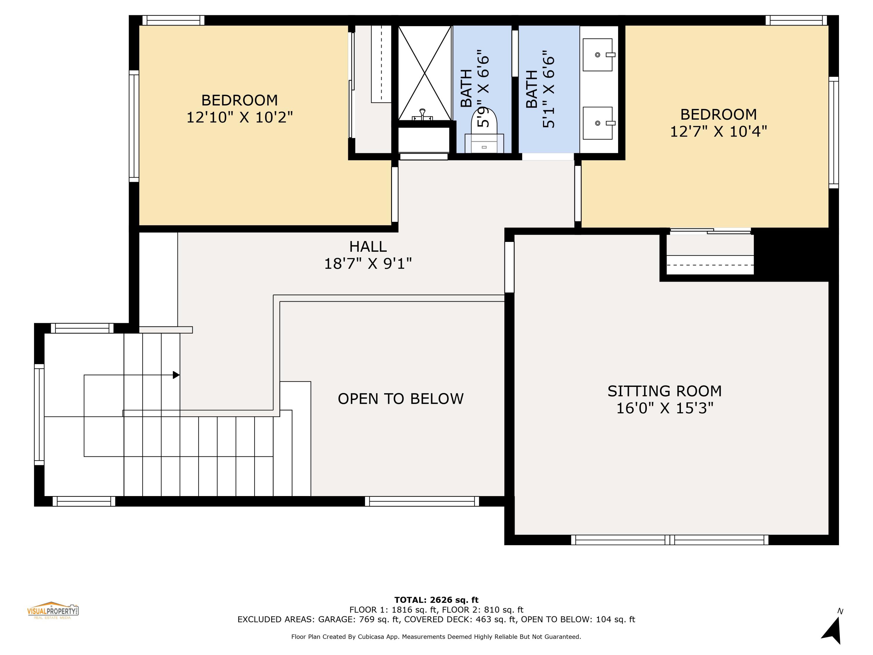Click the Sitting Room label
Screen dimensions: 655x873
point(665,391)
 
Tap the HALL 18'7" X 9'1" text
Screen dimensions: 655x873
point(368,255)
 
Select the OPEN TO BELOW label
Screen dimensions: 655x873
point(401,399)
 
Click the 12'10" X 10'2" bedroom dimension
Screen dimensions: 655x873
point(239,117)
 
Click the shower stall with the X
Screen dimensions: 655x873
point(424,73)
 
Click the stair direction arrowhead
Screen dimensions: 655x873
point(176,375)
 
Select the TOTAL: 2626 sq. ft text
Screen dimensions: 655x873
point(436,600)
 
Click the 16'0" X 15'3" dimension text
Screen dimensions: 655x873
point(665,408)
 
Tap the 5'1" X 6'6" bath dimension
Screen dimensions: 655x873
point(549,89)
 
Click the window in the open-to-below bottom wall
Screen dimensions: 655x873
point(422,501)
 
